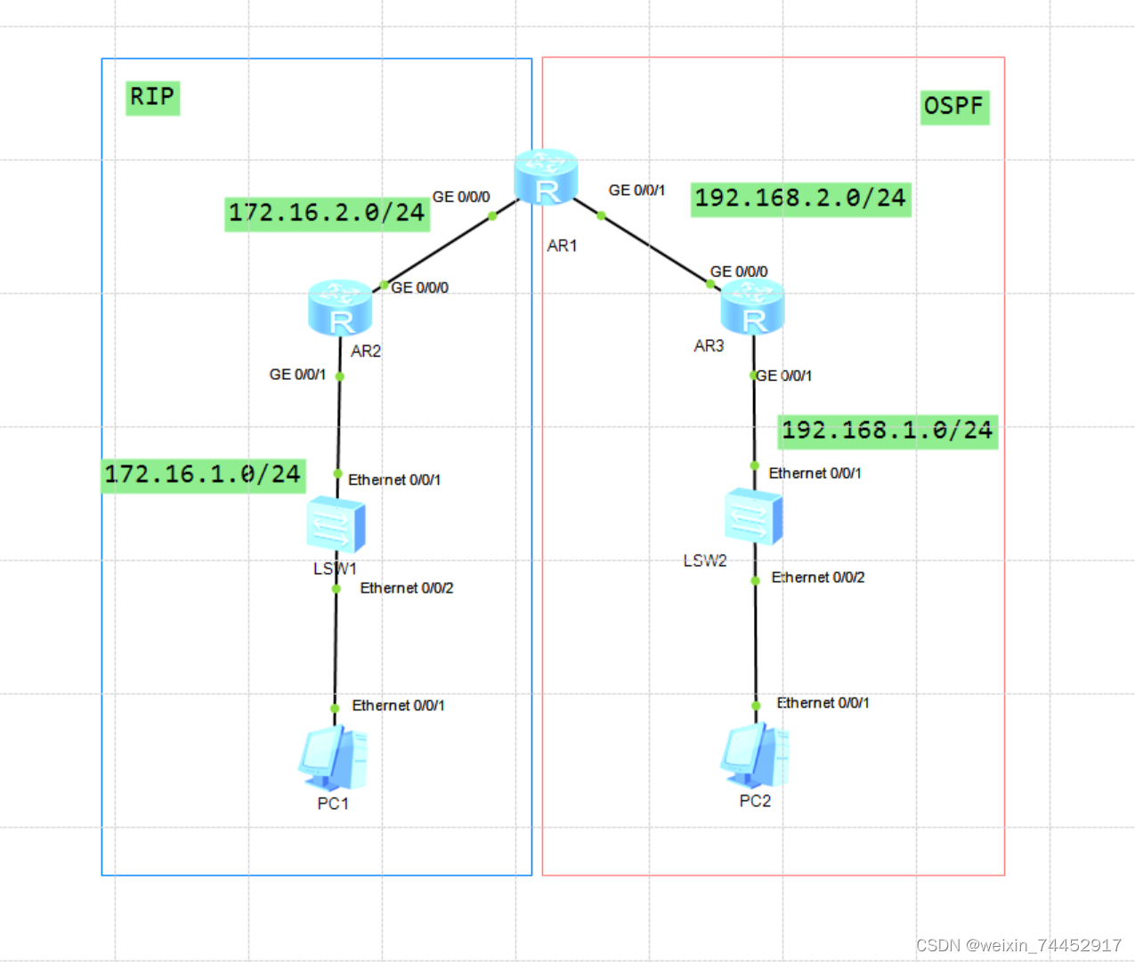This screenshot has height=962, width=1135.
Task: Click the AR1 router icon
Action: pos(546,177)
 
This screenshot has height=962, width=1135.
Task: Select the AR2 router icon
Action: pos(339,308)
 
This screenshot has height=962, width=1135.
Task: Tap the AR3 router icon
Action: pos(752,306)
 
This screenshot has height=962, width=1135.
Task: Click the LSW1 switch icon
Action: pos(335,526)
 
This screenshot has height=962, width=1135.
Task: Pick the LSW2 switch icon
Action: pos(753,516)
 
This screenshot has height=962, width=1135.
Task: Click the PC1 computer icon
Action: pos(332,759)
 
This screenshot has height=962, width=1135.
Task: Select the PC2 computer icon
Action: pos(754,756)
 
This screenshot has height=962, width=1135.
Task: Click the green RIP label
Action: pos(152,97)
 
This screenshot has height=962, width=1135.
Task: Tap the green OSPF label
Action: pos(953,107)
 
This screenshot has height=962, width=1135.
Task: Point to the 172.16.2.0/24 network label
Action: pos(327,214)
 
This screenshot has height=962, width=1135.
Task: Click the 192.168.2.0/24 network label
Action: pos(800,198)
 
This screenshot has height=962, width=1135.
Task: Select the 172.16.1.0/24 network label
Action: pos(204,475)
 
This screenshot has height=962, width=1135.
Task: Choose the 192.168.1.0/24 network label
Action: pos(887,432)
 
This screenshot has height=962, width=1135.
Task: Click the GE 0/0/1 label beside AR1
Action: pos(636,190)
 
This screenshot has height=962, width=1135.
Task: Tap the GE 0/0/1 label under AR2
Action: pos(297,375)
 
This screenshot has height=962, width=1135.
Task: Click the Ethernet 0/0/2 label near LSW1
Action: pos(407,588)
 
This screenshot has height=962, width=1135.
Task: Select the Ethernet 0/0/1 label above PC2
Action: pos(823,703)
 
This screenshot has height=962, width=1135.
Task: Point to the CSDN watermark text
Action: pos(1018,945)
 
